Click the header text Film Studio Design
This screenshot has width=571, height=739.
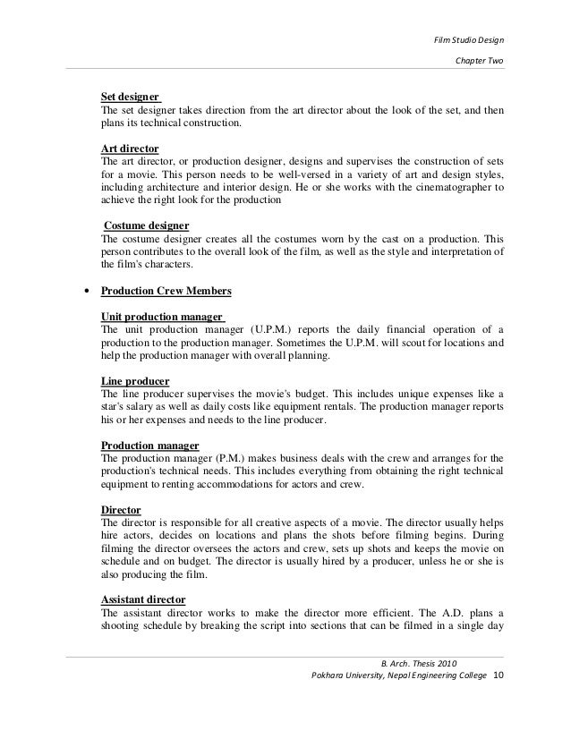[469, 39]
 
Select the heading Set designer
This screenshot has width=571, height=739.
[130, 96]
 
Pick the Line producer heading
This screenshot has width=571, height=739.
[135, 381]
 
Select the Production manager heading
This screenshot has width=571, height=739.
[149, 446]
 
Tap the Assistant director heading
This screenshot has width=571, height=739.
[148, 601]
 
